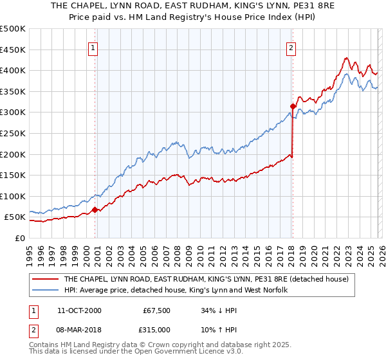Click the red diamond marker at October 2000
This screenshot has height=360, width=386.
click(x=95, y=210)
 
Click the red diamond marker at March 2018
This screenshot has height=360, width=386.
click(x=292, y=106)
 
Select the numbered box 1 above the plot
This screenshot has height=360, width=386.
click(x=93, y=47)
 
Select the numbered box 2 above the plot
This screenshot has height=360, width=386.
click(x=291, y=47)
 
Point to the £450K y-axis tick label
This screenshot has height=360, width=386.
click(x=13, y=50)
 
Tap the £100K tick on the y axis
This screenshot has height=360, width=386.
click(x=13, y=196)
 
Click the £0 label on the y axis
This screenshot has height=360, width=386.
click(x=19, y=238)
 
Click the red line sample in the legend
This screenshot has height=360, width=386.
click(x=45, y=280)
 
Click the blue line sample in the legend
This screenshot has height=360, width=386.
click(x=45, y=291)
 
